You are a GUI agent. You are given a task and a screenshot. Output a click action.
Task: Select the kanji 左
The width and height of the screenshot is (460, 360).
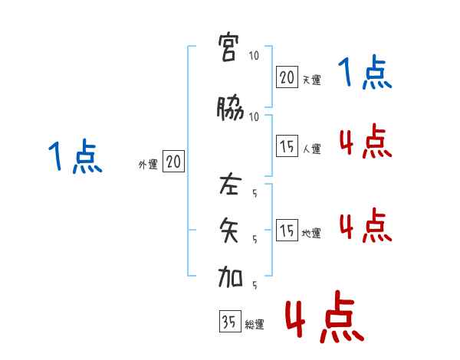click(231, 185)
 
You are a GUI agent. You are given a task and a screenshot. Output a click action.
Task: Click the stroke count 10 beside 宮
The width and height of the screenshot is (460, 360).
click(254, 55)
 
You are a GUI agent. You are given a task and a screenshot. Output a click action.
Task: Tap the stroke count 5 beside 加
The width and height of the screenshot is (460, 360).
click(254, 286)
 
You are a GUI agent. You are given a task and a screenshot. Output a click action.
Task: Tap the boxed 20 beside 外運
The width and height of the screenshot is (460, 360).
click(173, 162)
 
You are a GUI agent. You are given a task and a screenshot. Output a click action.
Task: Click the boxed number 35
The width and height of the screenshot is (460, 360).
click(229, 322)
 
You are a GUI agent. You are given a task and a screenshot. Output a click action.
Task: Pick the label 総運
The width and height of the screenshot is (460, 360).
click(254, 325)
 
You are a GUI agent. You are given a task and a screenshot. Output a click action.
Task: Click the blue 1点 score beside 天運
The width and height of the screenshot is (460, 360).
click(365, 74)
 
